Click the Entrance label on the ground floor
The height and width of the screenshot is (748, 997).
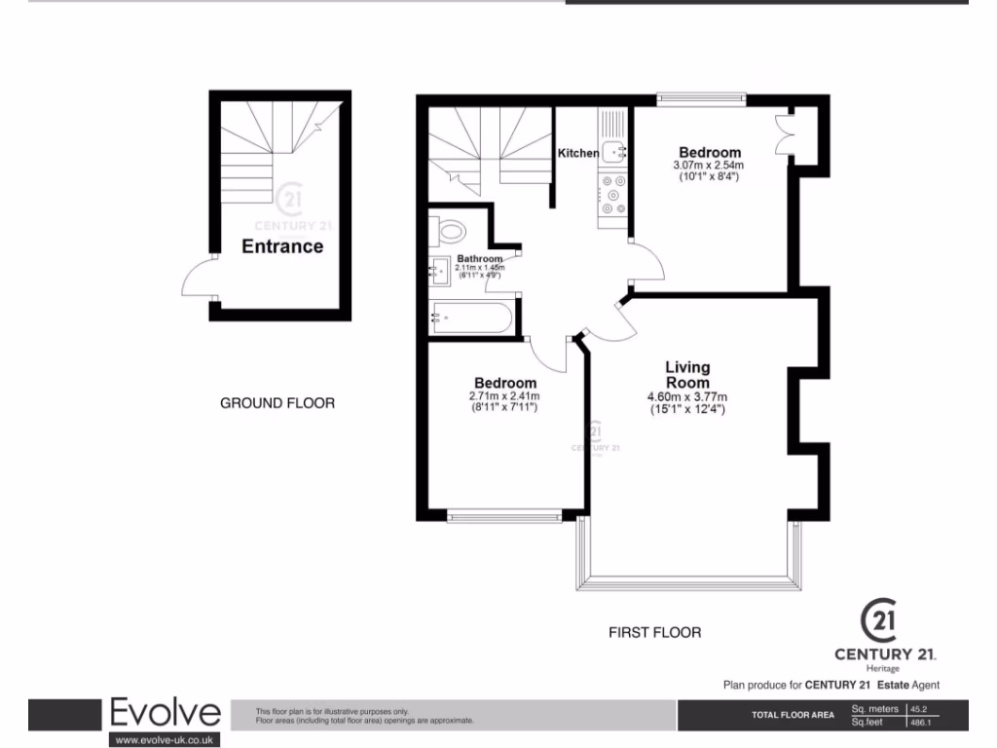click(x=282, y=246)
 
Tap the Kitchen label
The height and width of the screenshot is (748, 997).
click(x=577, y=153)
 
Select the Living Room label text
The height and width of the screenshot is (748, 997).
click(x=687, y=375)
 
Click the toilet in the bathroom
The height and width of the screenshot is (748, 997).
click(x=451, y=232)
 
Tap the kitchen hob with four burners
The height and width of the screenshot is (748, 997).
click(x=613, y=194)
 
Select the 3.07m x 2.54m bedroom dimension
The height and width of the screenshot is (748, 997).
click(x=710, y=166)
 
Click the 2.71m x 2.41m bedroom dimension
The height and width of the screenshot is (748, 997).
click(x=505, y=395)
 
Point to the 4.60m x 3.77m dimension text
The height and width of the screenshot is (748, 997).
click(x=687, y=396)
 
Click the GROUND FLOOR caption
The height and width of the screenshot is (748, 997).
click(x=277, y=403)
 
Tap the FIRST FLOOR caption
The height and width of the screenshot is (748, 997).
click(x=654, y=632)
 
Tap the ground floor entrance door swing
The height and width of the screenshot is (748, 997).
click(x=198, y=280)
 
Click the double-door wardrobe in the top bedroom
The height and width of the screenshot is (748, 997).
click(x=784, y=134)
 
